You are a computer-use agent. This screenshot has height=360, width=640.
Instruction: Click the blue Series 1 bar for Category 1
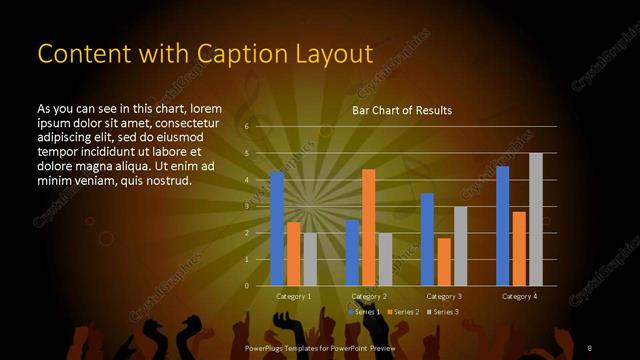pyautogui.click(x=277, y=229)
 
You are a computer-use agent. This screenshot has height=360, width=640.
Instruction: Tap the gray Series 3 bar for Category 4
pyautogui.click(x=536, y=219)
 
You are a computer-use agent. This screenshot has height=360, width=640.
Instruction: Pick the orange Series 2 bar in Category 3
pyautogui.click(x=444, y=262)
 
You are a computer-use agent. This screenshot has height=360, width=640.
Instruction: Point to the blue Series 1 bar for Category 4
pyautogui.click(x=502, y=226)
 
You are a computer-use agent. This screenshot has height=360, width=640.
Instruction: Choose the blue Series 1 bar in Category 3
pyautogui.click(x=427, y=239)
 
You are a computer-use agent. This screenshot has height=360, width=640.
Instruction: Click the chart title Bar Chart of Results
pyautogui.click(x=402, y=110)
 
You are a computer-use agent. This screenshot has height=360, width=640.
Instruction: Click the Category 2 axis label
pyautogui.click(x=369, y=297)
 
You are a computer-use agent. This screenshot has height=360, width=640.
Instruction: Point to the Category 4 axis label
pyautogui.click(x=519, y=297)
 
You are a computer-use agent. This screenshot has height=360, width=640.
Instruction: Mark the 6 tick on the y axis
pyautogui.click(x=247, y=127)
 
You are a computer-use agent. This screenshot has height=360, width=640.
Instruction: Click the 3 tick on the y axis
pyautogui.click(x=247, y=207)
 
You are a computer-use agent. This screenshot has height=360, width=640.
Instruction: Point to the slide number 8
pyautogui.click(x=589, y=347)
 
